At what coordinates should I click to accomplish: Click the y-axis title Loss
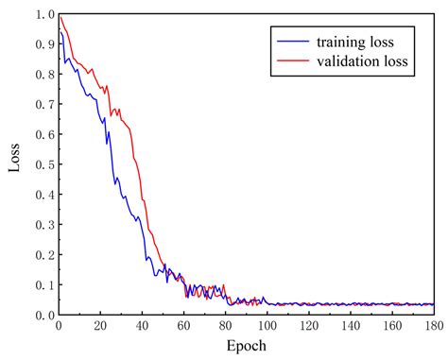coord(14,163)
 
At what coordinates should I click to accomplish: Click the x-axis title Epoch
coord(246,347)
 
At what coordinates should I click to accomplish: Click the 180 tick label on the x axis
coord(433,326)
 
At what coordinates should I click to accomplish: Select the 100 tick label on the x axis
coord(267,326)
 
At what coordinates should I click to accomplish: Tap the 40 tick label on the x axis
coord(142,326)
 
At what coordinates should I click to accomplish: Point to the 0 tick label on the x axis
coord(59,326)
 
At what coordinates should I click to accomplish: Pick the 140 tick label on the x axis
coord(350,326)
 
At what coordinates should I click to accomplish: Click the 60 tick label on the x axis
coord(183,326)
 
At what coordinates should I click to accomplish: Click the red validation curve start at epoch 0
coord(60,16)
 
